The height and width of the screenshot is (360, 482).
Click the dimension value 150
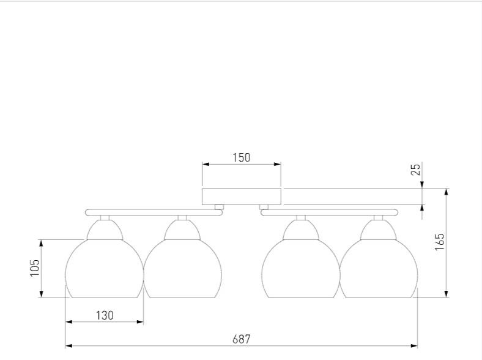(x=242, y=157)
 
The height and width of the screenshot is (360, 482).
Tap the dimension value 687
(x=242, y=339)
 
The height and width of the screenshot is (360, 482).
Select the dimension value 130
(x=105, y=315)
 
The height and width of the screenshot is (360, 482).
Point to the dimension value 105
(x=35, y=268)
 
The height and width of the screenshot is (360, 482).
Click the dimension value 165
(x=440, y=242)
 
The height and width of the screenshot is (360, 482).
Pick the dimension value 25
(x=415, y=170)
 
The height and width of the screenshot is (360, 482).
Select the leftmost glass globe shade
(x=105, y=269)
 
